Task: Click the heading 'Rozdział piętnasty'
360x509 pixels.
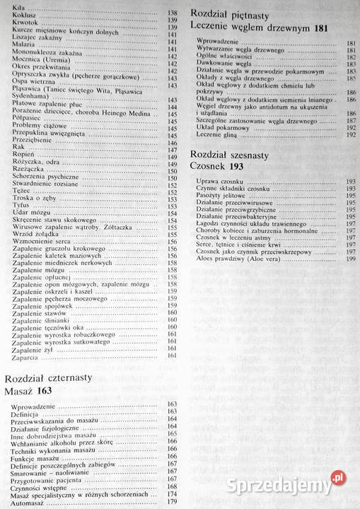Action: point(230,13)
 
